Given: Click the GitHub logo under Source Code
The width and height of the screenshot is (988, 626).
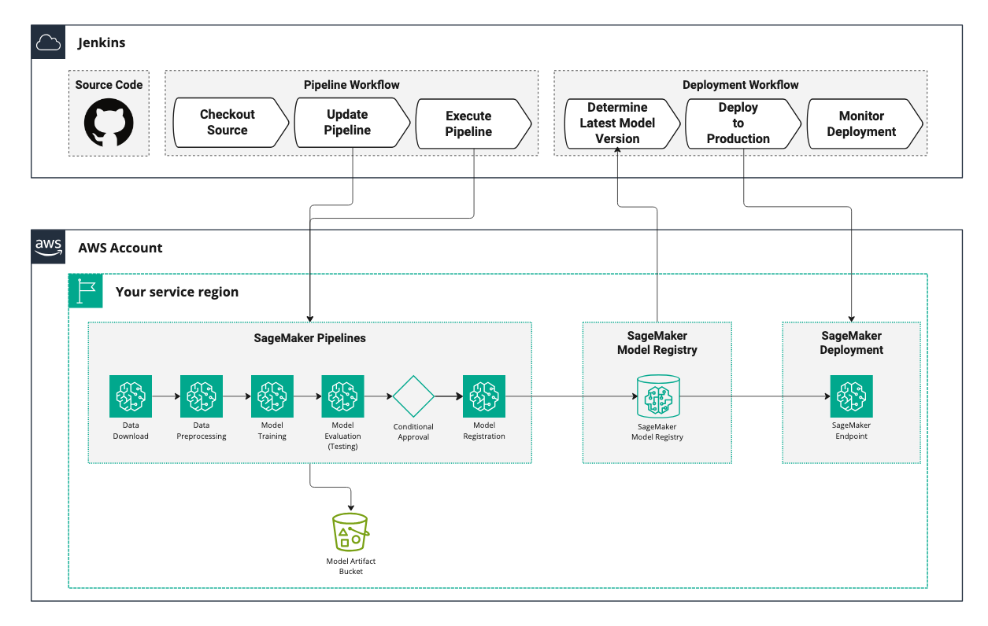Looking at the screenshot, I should [109, 122].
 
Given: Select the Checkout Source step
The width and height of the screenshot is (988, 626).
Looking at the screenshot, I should [227, 123].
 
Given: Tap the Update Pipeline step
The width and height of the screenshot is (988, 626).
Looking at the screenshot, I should [348, 123].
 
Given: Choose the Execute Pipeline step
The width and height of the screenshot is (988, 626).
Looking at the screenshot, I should [469, 123].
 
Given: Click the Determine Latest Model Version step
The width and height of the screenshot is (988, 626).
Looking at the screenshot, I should [617, 123].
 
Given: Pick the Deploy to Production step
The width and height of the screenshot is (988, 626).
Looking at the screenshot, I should [738, 123].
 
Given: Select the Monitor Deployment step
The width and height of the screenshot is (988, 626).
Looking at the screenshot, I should [861, 123].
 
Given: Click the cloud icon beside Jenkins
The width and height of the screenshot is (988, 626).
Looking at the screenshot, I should [48, 42].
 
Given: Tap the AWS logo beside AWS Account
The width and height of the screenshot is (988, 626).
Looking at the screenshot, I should [48, 247].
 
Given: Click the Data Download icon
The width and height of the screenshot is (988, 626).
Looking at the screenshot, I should [131, 396].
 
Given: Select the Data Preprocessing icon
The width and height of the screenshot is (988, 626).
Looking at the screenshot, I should [202, 396].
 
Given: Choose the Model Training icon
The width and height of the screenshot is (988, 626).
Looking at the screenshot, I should [272, 396].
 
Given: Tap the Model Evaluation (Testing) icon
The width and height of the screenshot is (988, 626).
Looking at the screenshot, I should [343, 396].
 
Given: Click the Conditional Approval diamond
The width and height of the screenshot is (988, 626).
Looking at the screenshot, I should [413, 396].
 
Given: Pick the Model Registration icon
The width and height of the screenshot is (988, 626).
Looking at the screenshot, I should [484, 396].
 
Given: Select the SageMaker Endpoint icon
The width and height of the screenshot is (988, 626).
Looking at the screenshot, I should [851, 396].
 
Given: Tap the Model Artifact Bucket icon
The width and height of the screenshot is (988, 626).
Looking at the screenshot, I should [350, 533].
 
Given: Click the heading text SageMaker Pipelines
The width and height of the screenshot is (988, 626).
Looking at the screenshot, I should [309, 338].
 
